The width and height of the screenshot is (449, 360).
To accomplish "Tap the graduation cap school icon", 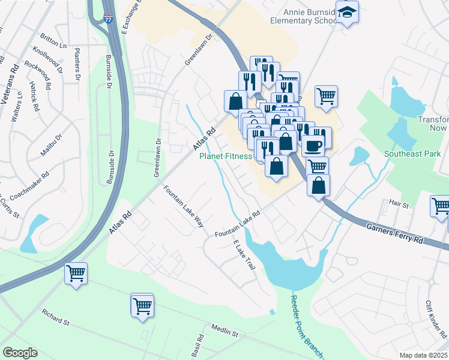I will [x=346, y=12].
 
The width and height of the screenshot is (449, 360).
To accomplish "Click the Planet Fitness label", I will [x=225, y=156].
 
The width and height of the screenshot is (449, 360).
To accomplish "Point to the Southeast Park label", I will [x=412, y=154].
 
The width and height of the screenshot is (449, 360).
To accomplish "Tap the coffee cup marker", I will [x=312, y=145].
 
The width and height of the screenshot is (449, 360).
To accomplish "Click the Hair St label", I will [x=399, y=205].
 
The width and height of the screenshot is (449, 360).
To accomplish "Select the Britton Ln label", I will [x=55, y=43].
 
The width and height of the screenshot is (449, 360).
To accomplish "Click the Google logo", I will [x=20, y=353].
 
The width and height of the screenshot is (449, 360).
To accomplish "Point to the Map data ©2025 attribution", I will [x=423, y=355].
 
